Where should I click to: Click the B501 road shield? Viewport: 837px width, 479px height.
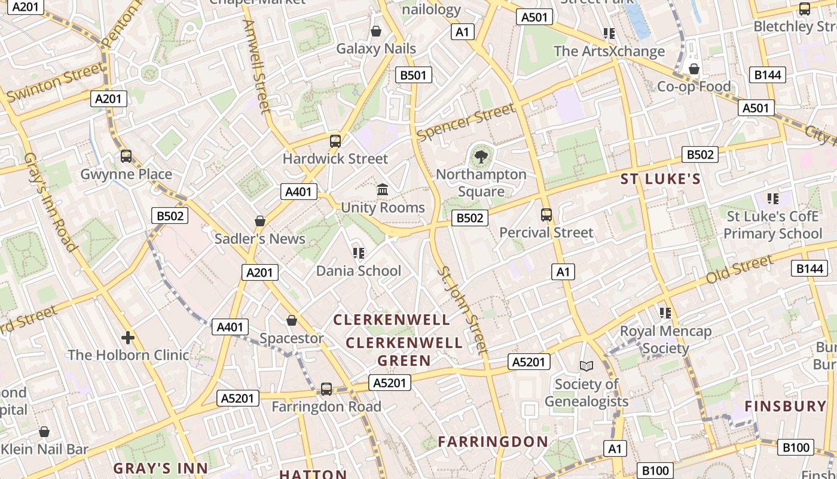[x=413, y=75]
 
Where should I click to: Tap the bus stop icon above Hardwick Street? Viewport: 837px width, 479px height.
[x=335, y=141]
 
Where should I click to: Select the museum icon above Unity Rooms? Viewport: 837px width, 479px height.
[x=383, y=190]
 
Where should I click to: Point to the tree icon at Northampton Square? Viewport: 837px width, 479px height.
[x=480, y=157]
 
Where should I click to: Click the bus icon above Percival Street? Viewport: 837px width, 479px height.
[x=546, y=215]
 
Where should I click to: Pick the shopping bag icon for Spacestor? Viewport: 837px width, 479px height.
[x=292, y=320]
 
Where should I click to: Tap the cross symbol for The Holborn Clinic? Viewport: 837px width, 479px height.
[x=128, y=337]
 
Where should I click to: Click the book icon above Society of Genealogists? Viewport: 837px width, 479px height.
[x=586, y=366]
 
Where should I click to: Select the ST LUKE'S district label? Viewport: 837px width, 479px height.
[x=660, y=179]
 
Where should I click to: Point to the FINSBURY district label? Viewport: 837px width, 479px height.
[x=785, y=406]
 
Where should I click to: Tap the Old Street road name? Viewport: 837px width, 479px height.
[x=740, y=270]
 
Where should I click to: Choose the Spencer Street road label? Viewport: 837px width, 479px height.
[x=466, y=122]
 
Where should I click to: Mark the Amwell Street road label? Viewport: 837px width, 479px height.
[x=258, y=66]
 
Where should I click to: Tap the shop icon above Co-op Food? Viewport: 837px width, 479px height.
[x=694, y=69]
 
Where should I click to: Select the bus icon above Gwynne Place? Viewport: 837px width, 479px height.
[x=126, y=156]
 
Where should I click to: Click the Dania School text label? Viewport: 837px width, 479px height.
[x=359, y=271]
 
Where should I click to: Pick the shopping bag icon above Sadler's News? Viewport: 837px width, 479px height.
[x=260, y=221]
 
